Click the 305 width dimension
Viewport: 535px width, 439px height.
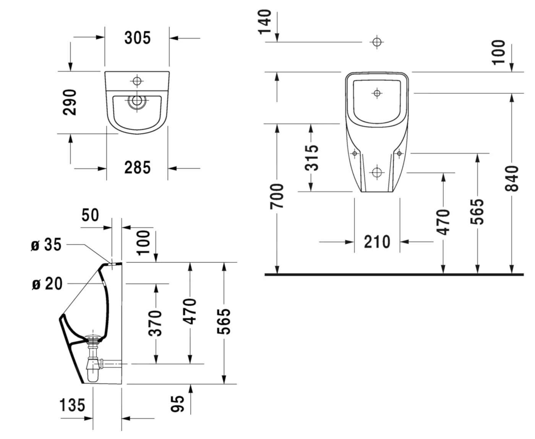(137, 38)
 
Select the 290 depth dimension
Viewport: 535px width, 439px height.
(70, 102)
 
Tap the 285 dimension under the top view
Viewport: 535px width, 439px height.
(137, 168)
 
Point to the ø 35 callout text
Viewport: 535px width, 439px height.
(46, 245)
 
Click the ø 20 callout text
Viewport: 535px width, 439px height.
(47, 284)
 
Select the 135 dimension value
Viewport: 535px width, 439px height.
(72, 405)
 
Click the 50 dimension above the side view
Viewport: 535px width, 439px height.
(90, 215)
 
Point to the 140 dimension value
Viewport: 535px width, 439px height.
(265, 22)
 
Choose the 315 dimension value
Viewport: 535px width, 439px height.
(311, 157)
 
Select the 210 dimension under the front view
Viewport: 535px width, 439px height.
(377, 242)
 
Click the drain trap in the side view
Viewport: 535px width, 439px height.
(92, 360)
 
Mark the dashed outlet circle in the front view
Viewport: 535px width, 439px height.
(377, 173)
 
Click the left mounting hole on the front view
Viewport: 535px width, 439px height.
(355, 153)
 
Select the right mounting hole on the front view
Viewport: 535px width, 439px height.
(399, 153)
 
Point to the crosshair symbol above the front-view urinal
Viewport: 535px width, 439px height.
(377, 42)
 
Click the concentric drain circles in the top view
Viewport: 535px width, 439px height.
(136, 101)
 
